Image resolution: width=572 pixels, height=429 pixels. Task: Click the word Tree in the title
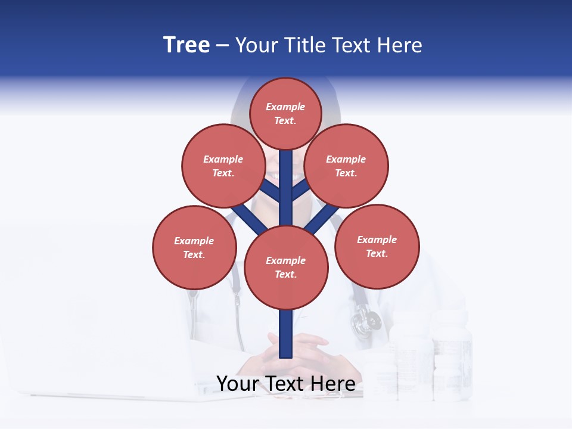coord(186,45)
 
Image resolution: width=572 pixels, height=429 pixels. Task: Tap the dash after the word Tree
coord(223,46)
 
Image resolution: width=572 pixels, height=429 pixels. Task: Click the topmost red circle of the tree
coord(285,113)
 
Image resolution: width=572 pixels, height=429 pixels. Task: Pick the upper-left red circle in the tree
coord(223,166)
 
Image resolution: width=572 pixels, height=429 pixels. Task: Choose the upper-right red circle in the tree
coord(346,166)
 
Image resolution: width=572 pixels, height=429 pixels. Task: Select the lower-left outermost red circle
coord(194,247)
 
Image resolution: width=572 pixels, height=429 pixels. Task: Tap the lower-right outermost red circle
coord(377,245)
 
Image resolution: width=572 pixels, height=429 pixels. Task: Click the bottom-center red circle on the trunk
coord(286,267)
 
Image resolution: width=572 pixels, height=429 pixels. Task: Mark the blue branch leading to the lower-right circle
coord(322,217)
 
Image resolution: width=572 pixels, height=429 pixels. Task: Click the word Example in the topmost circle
coord(285,107)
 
